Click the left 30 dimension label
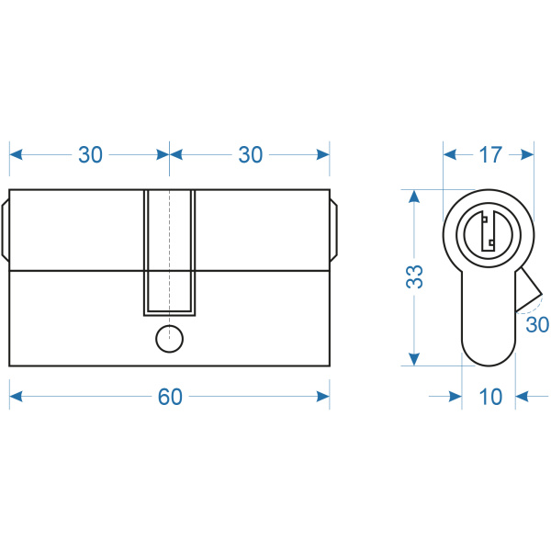pyautogui.click(x=90, y=154)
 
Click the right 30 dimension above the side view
pyautogui.click(x=250, y=154)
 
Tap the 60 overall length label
pyautogui.click(x=170, y=397)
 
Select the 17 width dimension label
pyautogui.click(x=490, y=154)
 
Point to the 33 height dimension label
pyautogui.click(x=415, y=277)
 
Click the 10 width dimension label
pyautogui.click(x=490, y=397)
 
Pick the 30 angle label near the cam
pyautogui.click(x=537, y=324)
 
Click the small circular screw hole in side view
pyautogui.click(x=169, y=339)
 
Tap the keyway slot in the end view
pyautogui.click(x=489, y=231)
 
